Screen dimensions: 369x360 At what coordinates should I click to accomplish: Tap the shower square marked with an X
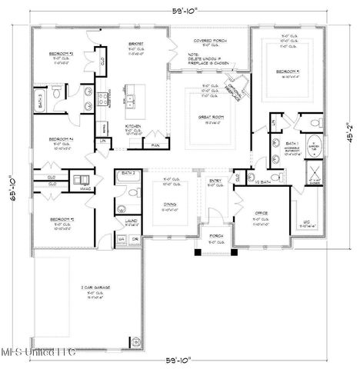click(314, 173)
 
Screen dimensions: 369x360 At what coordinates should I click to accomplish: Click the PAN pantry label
click(155, 145)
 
